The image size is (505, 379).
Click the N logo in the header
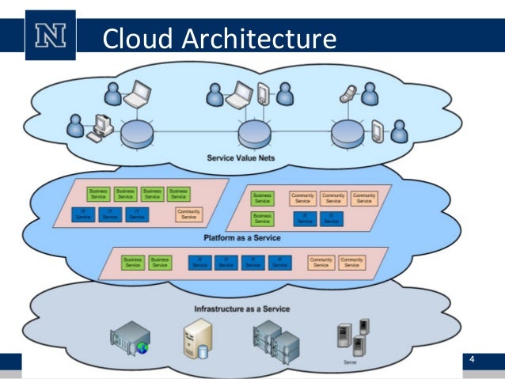[50, 36]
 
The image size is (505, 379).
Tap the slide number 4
[473, 361]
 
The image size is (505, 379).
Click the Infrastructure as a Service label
[241, 309]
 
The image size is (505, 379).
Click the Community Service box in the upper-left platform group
[188, 214]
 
